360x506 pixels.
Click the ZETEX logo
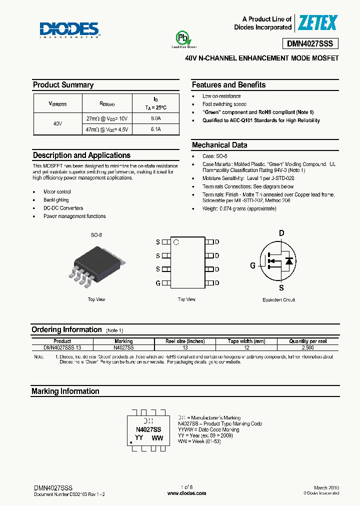[317, 23]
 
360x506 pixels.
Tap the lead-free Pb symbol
[183, 38]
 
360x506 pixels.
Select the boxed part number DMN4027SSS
[313, 43]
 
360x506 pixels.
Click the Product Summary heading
[63, 85]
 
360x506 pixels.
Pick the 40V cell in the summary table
[57, 123]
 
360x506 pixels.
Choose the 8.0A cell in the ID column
[156, 118]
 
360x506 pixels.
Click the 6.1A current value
[156, 129]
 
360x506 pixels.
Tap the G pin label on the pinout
[158, 283]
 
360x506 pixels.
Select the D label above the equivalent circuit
[281, 233]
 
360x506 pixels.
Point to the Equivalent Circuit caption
[278, 300]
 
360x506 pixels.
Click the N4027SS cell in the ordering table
[123, 347]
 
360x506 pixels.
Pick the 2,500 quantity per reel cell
[308, 347]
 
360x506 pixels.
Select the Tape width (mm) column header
[246, 341]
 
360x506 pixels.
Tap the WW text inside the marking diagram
[157, 437]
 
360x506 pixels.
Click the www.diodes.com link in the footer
[186, 493]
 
